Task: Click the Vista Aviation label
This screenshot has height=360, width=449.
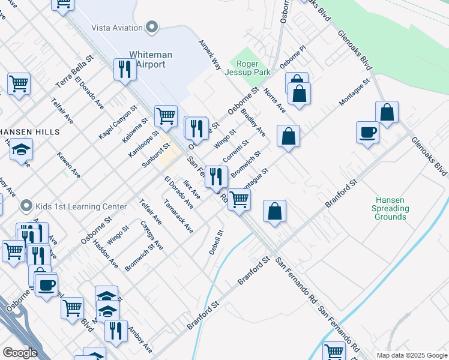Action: click(x=116, y=28)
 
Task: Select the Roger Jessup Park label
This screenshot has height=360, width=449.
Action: click(x=248, y=68)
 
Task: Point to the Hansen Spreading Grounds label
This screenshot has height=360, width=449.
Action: click(x=391, y=208)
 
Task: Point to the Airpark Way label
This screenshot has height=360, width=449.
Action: click(x=208, y=55)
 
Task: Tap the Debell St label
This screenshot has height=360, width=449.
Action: click(x=216, y=242)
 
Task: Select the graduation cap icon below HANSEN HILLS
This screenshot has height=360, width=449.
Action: click(x=22, y=149)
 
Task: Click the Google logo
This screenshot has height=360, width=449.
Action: click(x=20, y=353)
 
